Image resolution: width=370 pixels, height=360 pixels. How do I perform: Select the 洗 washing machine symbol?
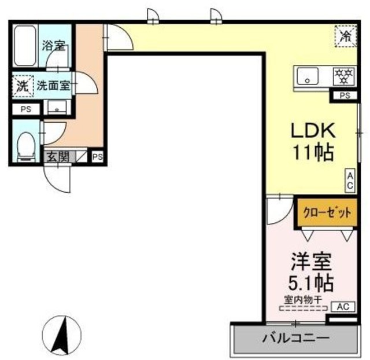click(21, 86)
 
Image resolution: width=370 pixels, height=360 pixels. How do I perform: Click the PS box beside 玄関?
click(97, 156)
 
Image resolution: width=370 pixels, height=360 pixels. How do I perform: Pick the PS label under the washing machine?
click(25, 109)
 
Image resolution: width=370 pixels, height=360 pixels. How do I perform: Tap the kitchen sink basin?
click(309, 76)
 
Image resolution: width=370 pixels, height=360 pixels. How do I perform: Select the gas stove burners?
click(345, 76)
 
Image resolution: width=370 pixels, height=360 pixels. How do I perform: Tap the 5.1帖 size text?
click(310, 284)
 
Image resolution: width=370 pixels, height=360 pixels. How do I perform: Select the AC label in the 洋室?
click(343, 307)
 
